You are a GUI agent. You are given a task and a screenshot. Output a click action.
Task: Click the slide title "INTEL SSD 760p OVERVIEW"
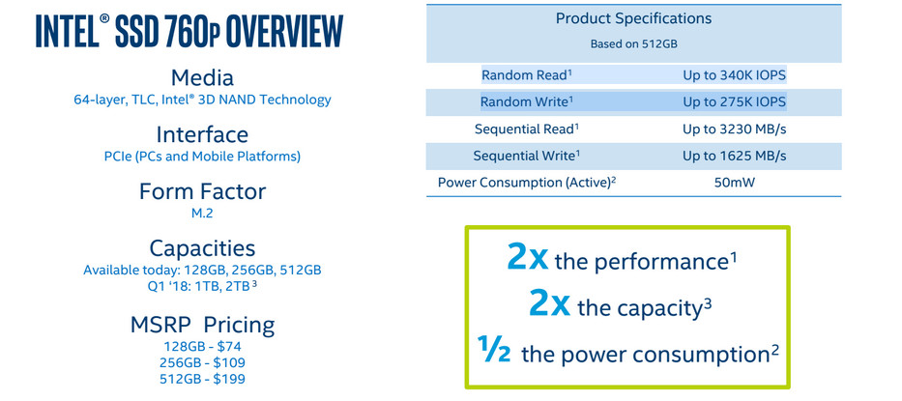pos(189,31)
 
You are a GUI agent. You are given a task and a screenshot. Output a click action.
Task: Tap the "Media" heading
pos(202,77)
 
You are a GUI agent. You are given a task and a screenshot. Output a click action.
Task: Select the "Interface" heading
pos(202,134)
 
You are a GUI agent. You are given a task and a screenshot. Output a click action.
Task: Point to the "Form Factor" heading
pos(202,191)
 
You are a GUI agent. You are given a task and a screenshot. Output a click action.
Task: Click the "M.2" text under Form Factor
pos(202,213)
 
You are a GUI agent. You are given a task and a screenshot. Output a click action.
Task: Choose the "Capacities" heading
pos(202,248)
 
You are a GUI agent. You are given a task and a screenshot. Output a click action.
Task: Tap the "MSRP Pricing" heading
pos(202,326)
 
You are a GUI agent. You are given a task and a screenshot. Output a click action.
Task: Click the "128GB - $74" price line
pos(202,346)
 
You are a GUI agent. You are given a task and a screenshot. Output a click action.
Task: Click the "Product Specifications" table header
pos(633,18)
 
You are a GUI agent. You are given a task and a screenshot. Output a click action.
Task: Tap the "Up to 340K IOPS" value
pos(734,75)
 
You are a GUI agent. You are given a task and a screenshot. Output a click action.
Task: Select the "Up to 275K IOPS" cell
pos(734,101)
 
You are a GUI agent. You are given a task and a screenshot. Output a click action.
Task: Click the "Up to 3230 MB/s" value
pos(734,129)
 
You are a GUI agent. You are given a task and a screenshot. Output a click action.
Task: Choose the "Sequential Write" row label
pos(526,156)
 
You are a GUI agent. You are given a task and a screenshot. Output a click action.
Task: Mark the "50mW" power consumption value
pos(735,183)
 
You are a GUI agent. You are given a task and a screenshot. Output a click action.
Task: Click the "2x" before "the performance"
pos(528,258)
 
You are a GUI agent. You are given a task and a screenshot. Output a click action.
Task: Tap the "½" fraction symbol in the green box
pos(494,349)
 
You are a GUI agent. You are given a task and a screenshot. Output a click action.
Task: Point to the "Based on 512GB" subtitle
pos(633,43)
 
